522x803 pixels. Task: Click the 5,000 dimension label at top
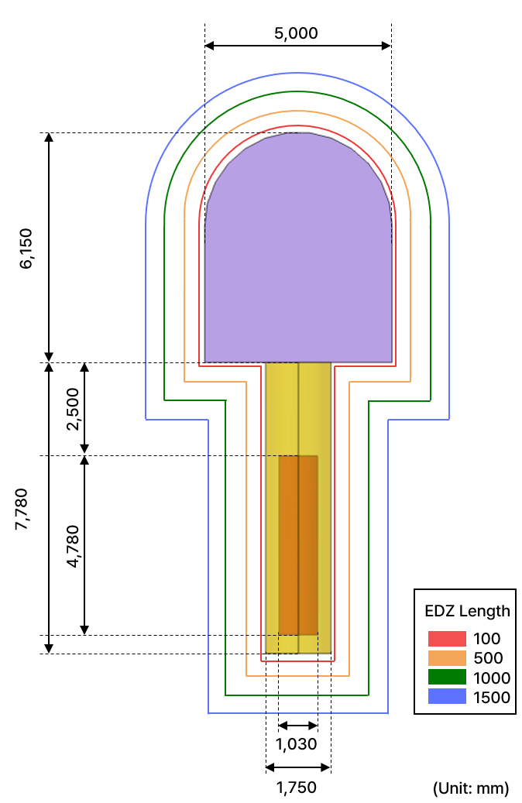click(296, 33)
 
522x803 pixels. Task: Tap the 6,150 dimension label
click(26, 249)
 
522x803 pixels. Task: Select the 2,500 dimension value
click(73, 409)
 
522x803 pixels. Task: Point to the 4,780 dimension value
click(73, 546)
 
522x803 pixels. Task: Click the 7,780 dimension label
click(22, 509)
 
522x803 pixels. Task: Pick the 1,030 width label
click(297, 744)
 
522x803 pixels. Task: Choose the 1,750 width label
click(297, 788)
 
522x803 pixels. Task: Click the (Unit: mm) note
click(471, 788)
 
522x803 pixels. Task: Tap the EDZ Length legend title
click(467, 611)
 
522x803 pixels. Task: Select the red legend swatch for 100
click(447, 639)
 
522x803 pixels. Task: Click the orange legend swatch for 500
click(447, 658)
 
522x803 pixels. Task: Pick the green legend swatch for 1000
click(447, 677)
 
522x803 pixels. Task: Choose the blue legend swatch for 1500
click(447, 696)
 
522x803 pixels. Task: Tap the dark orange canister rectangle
click(298, 545)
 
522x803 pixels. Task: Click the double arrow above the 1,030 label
click(298, 725)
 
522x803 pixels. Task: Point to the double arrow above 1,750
click(298, 767)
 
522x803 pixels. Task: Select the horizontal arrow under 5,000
click(298, 46)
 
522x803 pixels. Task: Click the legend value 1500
click(492, 698)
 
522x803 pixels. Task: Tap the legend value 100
click(486, 639)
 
